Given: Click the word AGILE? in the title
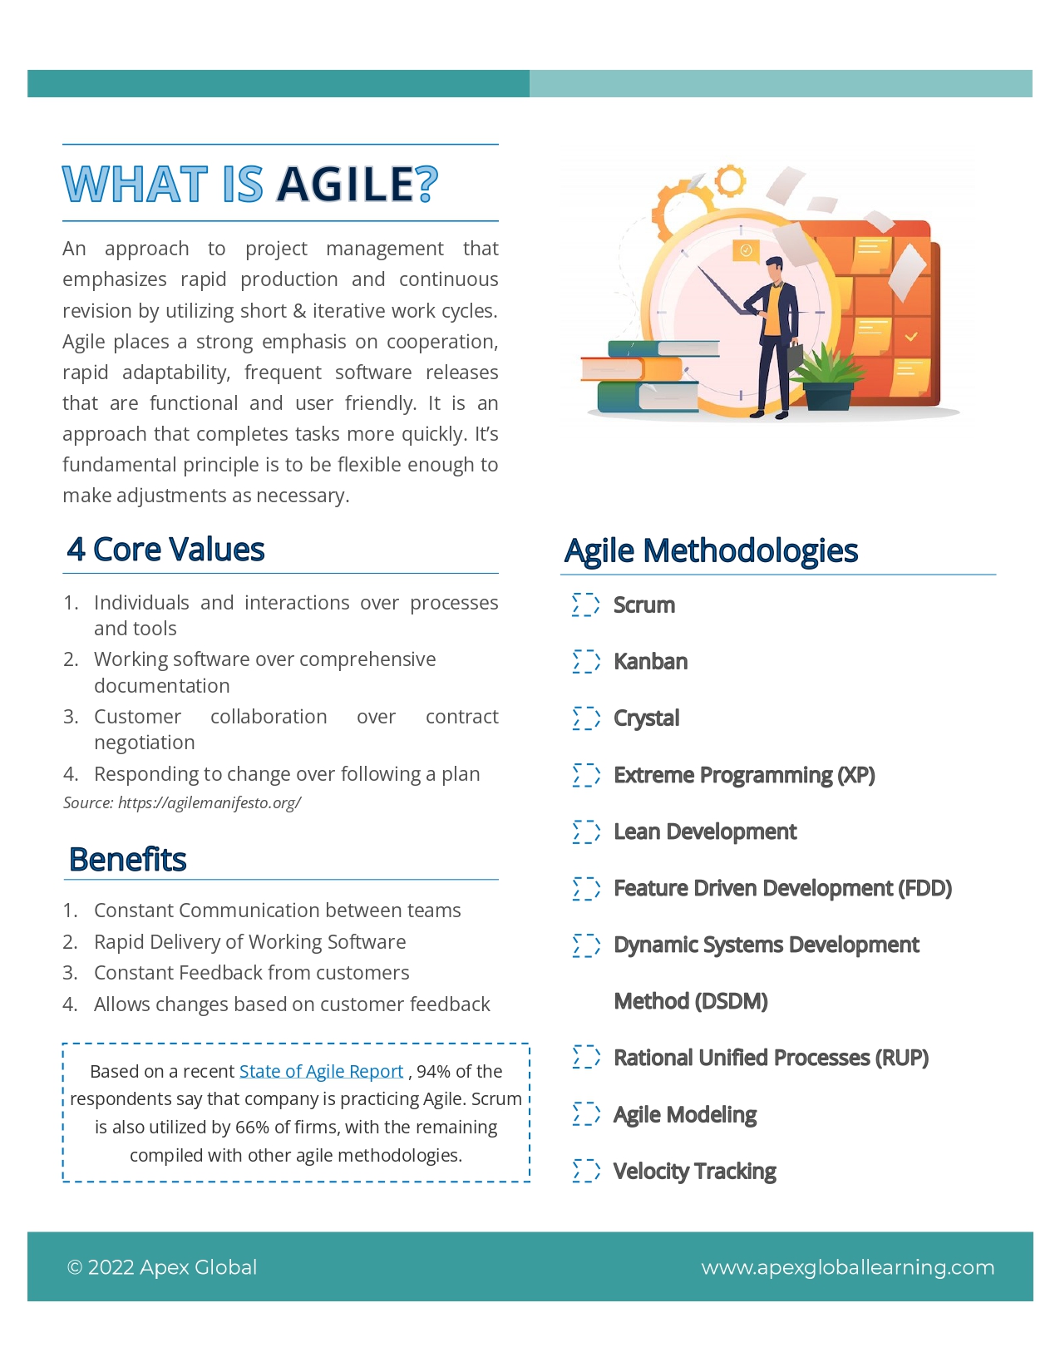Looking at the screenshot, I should click(x=357, y=185).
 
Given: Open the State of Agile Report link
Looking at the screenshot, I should click(x=321, y=1072).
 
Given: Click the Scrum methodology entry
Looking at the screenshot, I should click(x=643, y=605).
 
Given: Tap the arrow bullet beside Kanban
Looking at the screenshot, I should click(x=586, y=662).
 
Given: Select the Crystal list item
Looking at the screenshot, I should click(x=646, y=718).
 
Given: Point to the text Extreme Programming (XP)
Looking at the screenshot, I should click(x=743, y=775).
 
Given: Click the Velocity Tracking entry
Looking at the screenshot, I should click(x=694, y=1172).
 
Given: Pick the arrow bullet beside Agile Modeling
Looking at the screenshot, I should click(x=586, y=1114).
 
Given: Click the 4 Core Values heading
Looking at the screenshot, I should click(x=166, y=550).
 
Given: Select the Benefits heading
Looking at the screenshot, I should click(x=128, y=860).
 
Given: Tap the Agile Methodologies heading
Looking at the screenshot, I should click(x=711, y=551).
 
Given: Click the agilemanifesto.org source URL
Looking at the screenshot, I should click(x=209, y=802).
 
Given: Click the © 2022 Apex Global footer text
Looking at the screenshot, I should click(x=162, y=1267).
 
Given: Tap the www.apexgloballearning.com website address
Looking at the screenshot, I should click(x=847, y=1267).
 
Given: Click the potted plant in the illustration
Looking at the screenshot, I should click(x=827, y=378).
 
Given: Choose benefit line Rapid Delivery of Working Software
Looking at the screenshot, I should click(x=249, y=942).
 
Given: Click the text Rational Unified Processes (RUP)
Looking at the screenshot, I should click(x=771, y=1058).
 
